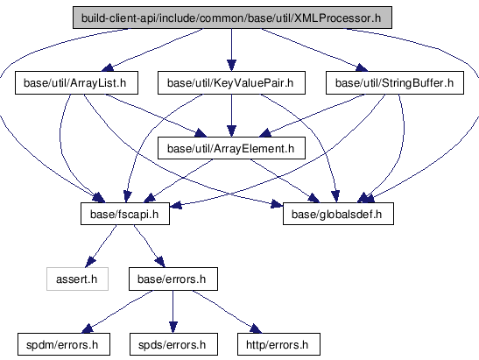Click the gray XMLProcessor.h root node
point(232,18)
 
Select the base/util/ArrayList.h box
point(76,83)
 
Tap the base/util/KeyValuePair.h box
point(231,83)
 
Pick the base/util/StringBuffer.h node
point(395,83)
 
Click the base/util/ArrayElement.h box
point(231,148)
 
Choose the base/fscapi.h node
point(125,214)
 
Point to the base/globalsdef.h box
point(338,214)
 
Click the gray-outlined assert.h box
point(77,279)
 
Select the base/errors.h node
point(173,279)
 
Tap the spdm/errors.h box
point(64,344)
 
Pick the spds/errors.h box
point(173,344)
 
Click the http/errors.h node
point(278,344)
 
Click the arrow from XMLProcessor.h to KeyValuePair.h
point(231,50)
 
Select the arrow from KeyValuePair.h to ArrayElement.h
point(231,116)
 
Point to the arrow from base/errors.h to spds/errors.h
point(173,312)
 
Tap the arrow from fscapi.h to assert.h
point(101,246)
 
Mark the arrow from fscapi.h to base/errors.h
point(150,246)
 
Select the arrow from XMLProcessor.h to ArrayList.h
point(152,49)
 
